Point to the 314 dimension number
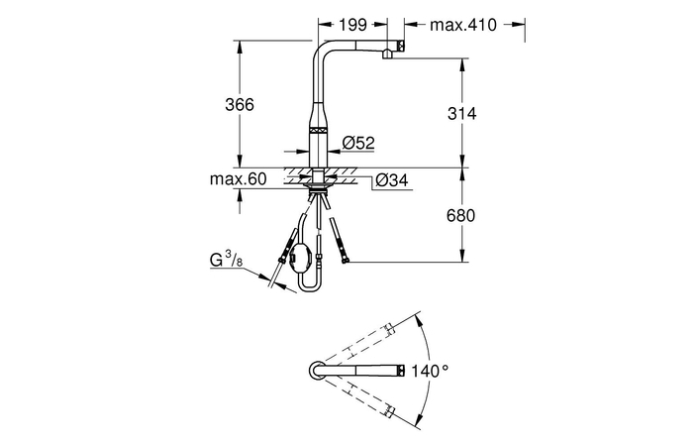click(461, 114)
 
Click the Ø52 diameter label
click(357, 143)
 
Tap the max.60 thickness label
click(238, 179)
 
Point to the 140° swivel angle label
click(432, 370)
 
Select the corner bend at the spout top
click(323, 50)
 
